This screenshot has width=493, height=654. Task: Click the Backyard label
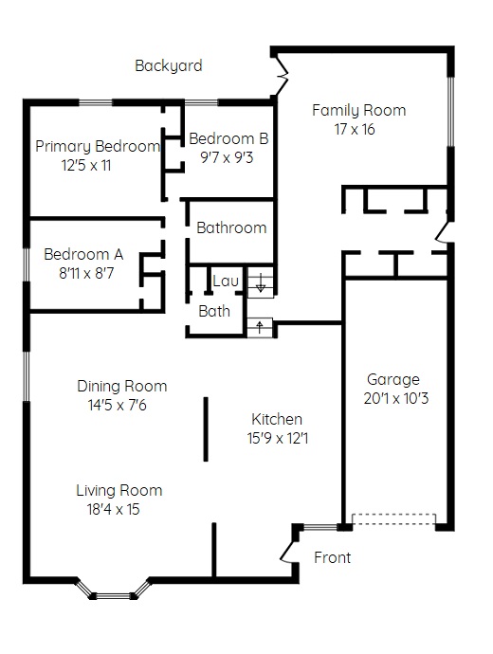[x=169, y=66]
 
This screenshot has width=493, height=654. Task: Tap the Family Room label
[x=358, y=111]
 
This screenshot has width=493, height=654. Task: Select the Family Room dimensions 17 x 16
[x=355, y=129]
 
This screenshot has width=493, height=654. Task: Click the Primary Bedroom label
[x=98, y=146]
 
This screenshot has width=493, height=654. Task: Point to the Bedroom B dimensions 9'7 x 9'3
[x=227, y=157]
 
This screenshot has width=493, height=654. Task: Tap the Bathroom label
[x=231, y=227]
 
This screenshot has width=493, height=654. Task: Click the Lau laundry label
[x=226, y=281]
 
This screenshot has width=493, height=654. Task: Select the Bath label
[x=214, y=311]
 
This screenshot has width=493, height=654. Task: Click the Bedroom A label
[x=83, y=254]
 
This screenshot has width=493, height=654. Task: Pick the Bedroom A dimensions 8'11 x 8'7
[x=86, y=273]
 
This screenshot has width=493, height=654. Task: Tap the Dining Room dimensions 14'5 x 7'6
[x=118, y=405]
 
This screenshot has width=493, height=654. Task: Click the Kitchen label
[x=277, y=419]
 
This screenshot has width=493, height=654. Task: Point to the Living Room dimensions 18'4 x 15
[x=113, y=509]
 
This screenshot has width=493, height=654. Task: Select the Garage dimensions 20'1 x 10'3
[x=395, y=398]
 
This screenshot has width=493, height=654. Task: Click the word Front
[x=333, y=557]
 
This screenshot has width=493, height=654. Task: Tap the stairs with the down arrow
[x=261, y=282]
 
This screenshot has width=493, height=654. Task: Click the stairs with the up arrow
[x=260, y=327]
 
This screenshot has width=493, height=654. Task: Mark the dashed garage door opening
[x=394, y=519]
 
